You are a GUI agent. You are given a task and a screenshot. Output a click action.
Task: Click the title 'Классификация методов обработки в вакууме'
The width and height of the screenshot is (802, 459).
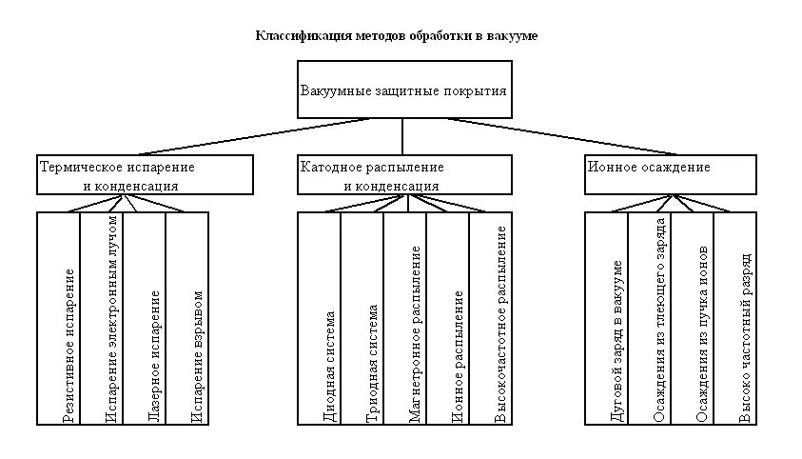[397, 36]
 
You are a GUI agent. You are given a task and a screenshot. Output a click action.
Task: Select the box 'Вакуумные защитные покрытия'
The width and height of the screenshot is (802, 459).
[403, 91]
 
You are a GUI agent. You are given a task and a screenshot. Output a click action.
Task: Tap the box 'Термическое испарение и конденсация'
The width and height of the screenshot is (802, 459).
[146, 174]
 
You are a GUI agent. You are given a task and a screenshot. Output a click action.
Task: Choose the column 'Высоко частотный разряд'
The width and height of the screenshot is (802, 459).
[746, 337]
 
